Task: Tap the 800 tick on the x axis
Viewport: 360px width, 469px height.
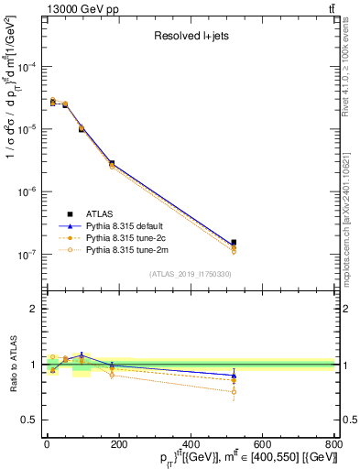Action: tap(333, 444)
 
